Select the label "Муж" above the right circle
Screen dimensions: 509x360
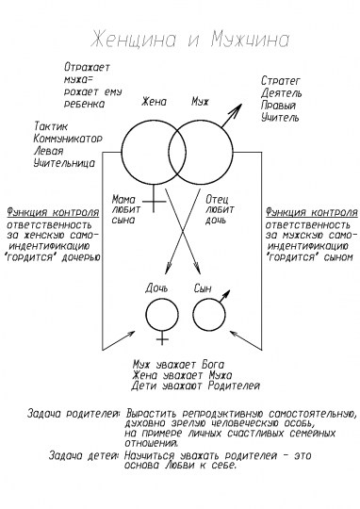tap(199, 101)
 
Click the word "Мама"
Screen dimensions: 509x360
tap(123, 199)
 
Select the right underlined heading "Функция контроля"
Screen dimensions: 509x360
tap(310, 212)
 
